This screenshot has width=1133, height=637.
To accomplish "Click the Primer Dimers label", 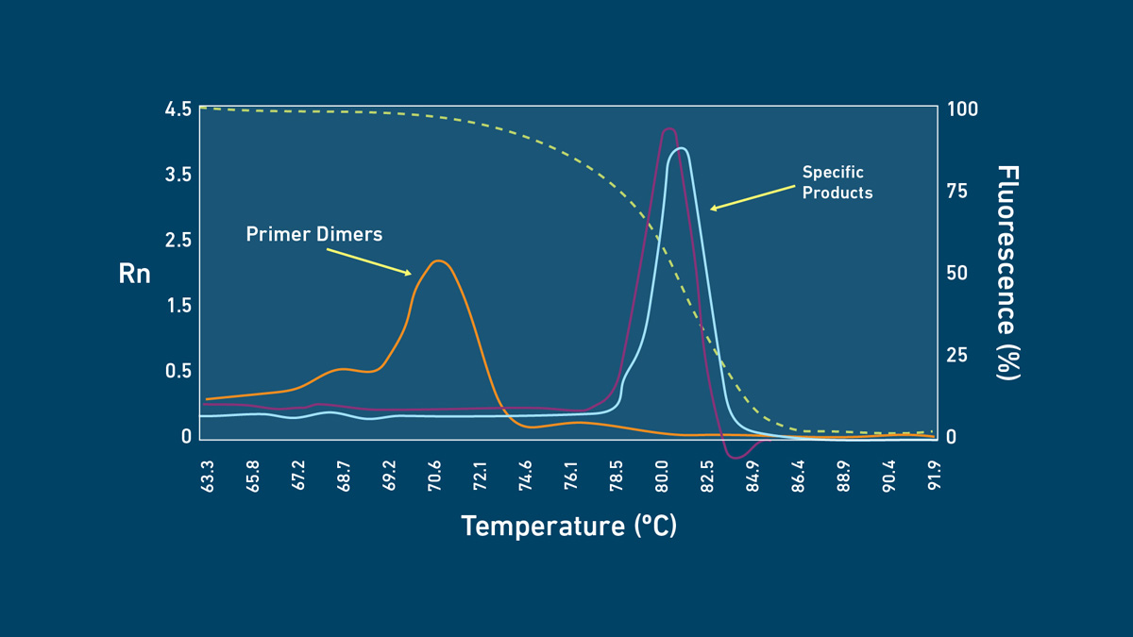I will pyautogui.click(x=314, y=234).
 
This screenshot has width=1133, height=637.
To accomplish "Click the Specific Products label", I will pyautogui.click(x=837, y=182).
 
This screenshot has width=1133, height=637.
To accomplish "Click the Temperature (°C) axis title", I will pyautogui.click(x=568, y=526).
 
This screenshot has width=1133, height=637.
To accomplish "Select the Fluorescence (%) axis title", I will pyautogui.click(x=1008, y=273).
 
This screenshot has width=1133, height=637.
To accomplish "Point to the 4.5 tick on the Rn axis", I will pyautogui.click(x=178, y=109).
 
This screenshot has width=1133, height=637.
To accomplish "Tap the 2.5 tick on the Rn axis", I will pyautogui.click(x=178, y=240).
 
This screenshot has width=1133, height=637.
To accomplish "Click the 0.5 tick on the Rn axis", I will pyautogui.click(x=178, y=371).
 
